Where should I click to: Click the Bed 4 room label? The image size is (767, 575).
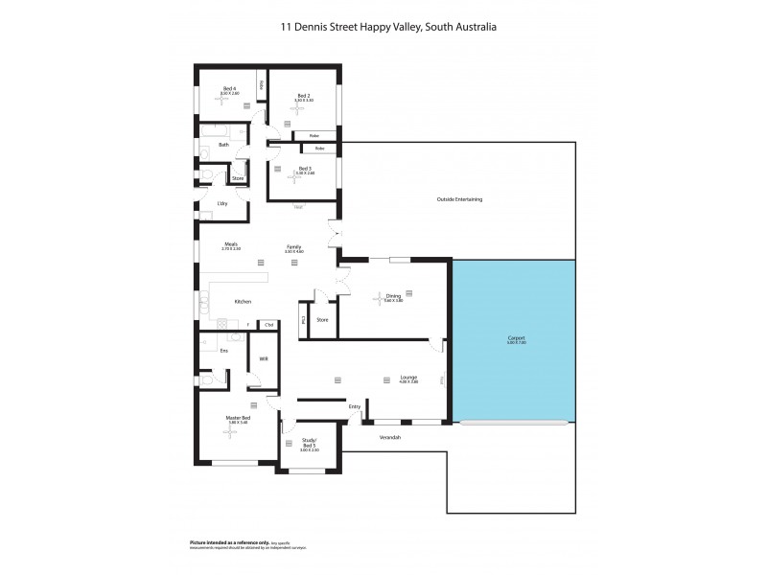[229, 89]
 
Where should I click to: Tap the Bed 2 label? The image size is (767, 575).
[303, 96]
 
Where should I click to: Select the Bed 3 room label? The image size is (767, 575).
[305, 169]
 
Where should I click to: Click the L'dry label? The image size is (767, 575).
[222, 203]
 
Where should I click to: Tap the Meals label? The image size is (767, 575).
[231, 243]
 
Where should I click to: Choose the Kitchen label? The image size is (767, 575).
[243, 302]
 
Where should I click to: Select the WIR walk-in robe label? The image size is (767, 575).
[263, 361]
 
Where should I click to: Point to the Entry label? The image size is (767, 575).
[355, 407]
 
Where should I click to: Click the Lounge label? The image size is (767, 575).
[408, 378]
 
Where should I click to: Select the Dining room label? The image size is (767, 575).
[393, 296]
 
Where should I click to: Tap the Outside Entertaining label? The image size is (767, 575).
[459, 199]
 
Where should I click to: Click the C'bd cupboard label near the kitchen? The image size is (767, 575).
[268, 325]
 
